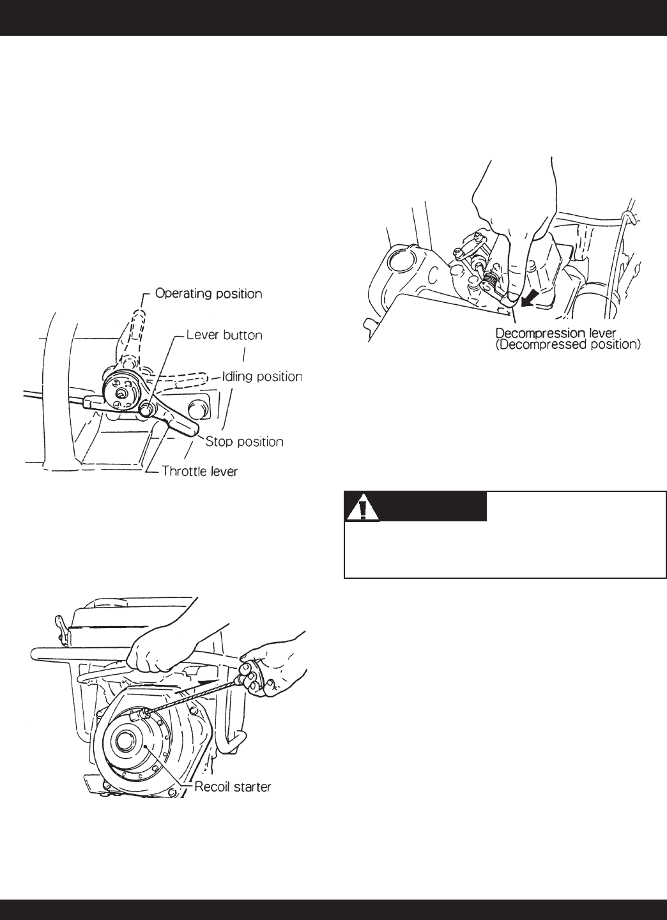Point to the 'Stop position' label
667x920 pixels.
[x=245, y=441]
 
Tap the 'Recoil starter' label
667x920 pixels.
[x=233, y=786]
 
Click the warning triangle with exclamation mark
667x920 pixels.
[x=362, y=508]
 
